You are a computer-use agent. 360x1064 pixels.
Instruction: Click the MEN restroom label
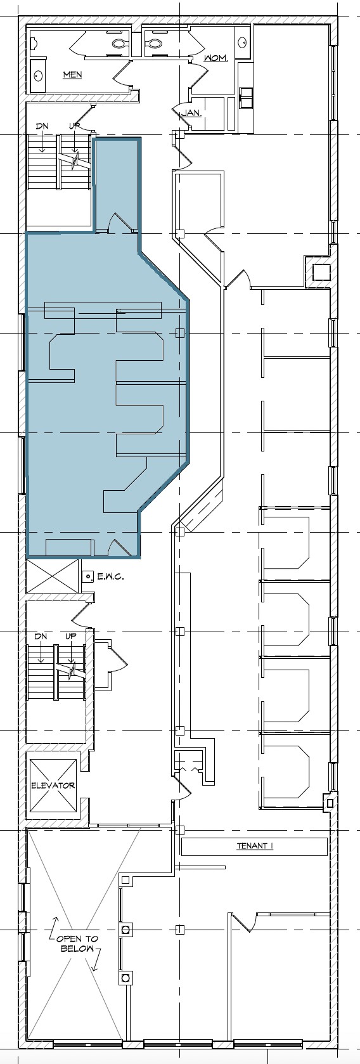72,75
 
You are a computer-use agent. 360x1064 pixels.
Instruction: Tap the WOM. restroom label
215,58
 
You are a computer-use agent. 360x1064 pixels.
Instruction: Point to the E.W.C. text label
110,577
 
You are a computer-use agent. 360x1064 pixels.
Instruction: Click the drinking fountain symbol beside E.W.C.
88,576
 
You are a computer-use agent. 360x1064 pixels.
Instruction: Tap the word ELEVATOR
53,785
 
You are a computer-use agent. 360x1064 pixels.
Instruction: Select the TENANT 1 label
254,846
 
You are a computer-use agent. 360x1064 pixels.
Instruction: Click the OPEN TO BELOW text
77,944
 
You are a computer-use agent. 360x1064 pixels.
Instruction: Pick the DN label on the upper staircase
42,126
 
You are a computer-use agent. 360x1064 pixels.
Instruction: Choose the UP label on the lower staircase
71,636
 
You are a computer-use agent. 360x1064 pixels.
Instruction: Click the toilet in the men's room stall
119,43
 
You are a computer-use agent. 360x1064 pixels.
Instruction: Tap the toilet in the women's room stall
153,43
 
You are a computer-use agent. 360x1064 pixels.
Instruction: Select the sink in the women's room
242,42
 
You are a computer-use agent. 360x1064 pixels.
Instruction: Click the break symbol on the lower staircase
72,669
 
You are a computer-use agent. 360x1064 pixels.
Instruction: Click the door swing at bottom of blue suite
119,547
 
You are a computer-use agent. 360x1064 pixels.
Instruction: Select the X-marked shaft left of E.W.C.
53,576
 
